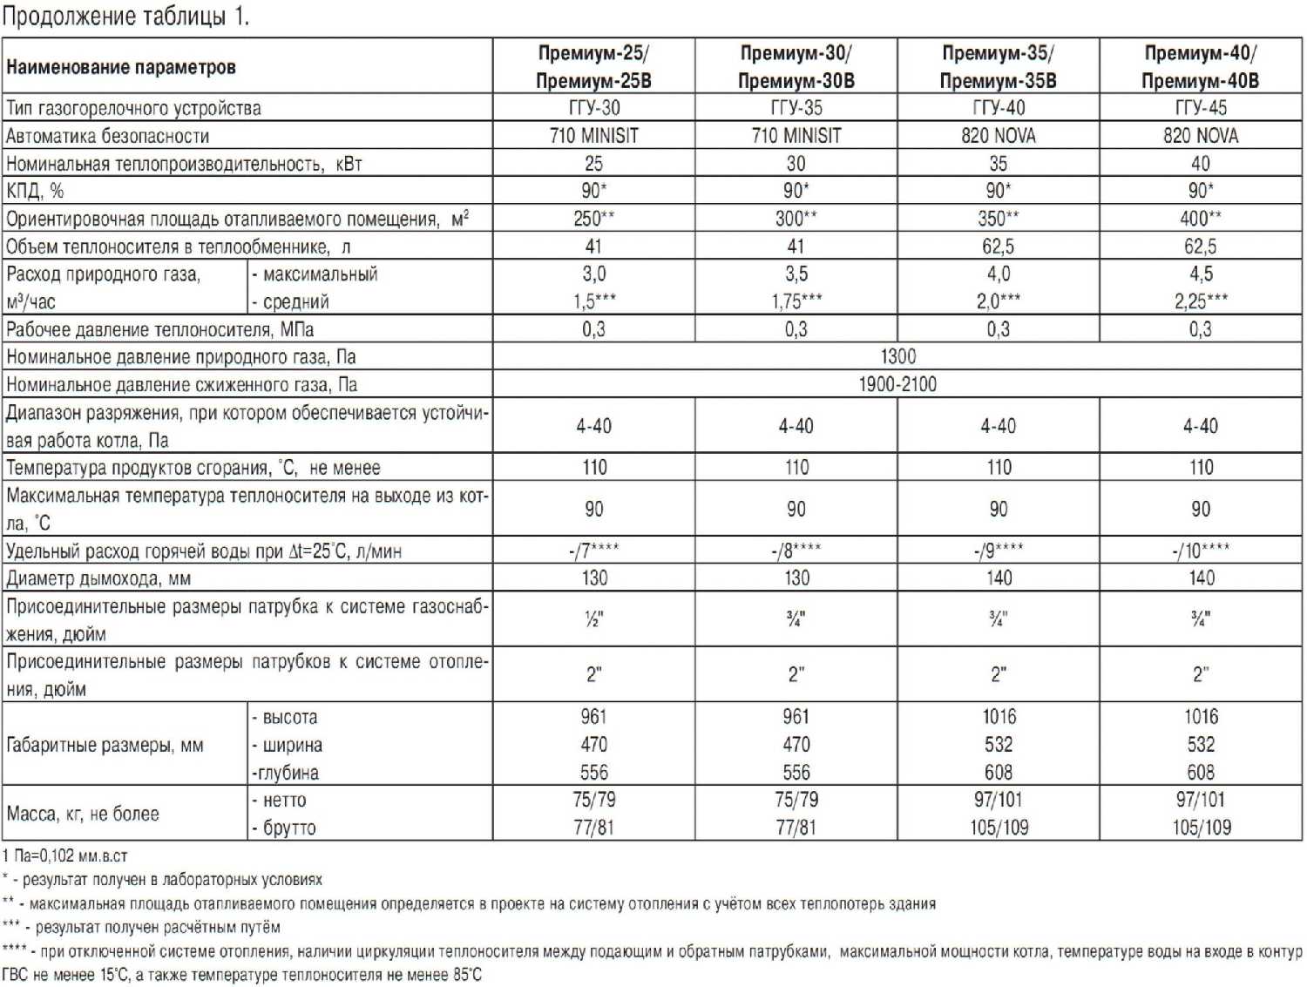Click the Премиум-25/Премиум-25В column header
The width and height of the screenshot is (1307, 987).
point(593,66)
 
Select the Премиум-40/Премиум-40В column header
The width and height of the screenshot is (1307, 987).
point(1200,66)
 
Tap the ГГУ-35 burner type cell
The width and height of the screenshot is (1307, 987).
point(796,108)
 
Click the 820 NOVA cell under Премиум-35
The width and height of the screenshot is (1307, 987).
point(998,136)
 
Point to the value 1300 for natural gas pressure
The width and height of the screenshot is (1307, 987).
point(897,356)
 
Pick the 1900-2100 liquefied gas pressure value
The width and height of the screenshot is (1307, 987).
point(897,384)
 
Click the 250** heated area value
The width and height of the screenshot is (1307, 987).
point(593,219)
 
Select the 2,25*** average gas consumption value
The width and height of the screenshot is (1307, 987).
point(1200,301)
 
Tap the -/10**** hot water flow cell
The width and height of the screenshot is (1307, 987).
point(1200,551)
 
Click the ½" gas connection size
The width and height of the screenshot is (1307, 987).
point(593,619)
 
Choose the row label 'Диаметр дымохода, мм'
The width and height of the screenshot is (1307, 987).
point(98,578)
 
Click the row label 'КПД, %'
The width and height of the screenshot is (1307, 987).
point(35,191)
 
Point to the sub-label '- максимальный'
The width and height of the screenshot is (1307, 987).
point(315,274)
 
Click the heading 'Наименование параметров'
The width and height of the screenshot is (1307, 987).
point(121,67)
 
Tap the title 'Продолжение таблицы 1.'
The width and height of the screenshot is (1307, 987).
point(125,17)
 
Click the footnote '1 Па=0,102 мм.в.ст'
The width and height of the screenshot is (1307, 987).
point(65,856)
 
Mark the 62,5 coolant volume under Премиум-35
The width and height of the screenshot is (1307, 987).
point(998,247)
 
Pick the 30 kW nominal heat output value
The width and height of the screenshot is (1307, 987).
point(796,164)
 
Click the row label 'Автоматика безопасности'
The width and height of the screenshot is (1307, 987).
point(108,136)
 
